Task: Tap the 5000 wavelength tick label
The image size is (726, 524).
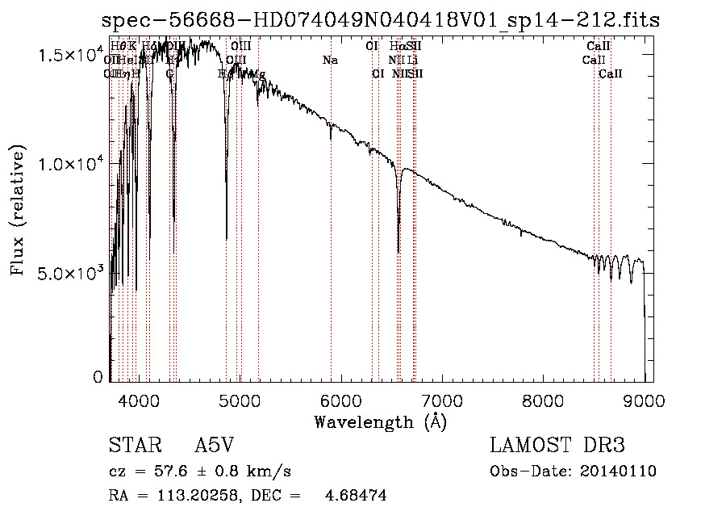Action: (x=240, y=398)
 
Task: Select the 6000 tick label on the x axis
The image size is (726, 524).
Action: (x=340, y=398)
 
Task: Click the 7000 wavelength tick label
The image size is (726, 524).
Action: (x=442, y=398)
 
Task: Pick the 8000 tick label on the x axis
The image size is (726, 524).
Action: (x=543, y=398)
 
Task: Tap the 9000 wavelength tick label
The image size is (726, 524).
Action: (x=644, y=398)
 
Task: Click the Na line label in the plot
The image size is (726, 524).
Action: (x=329, y=60)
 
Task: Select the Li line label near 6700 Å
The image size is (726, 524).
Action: (x=412, y=60)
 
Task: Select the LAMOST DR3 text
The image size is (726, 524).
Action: (x=557, y=446)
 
